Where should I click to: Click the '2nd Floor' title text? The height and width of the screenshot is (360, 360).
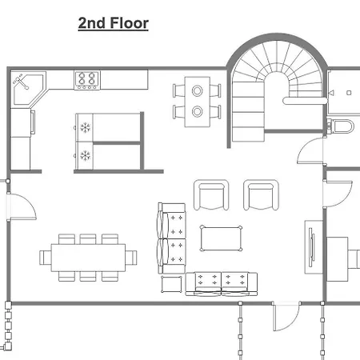coord(114,23)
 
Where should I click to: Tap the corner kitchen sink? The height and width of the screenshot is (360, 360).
coord(28,88)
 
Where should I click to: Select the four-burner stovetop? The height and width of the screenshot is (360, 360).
coord(87,80)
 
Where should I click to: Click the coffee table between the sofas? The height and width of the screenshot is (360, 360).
coord(221,238)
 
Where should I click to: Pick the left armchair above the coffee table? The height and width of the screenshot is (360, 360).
coord(211,195)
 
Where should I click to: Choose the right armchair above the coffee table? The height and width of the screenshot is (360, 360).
coord(261,195)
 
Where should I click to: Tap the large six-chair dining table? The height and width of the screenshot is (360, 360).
coord(88,258)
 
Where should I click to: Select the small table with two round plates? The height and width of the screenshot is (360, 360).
coord(198,102)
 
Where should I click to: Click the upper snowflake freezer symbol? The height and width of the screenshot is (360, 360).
coord(86,128)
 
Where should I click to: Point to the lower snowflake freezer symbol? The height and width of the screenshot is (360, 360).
coord(86,156)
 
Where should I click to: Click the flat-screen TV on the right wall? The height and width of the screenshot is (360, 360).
coord(311,247)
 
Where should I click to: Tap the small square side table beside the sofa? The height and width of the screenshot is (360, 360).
coord(172,285)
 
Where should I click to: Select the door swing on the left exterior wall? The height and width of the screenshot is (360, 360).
coord(22,206)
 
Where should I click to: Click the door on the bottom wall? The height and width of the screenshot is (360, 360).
coord(286,317)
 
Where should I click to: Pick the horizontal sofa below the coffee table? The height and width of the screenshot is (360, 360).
coord(222,284)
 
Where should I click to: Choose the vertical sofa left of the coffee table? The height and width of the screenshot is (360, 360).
coord(172,238)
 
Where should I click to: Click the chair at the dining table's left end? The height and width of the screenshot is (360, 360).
coord(46,258)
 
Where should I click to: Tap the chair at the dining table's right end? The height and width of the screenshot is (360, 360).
coord(131,258)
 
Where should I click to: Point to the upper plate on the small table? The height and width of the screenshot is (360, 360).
coord(198,90)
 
